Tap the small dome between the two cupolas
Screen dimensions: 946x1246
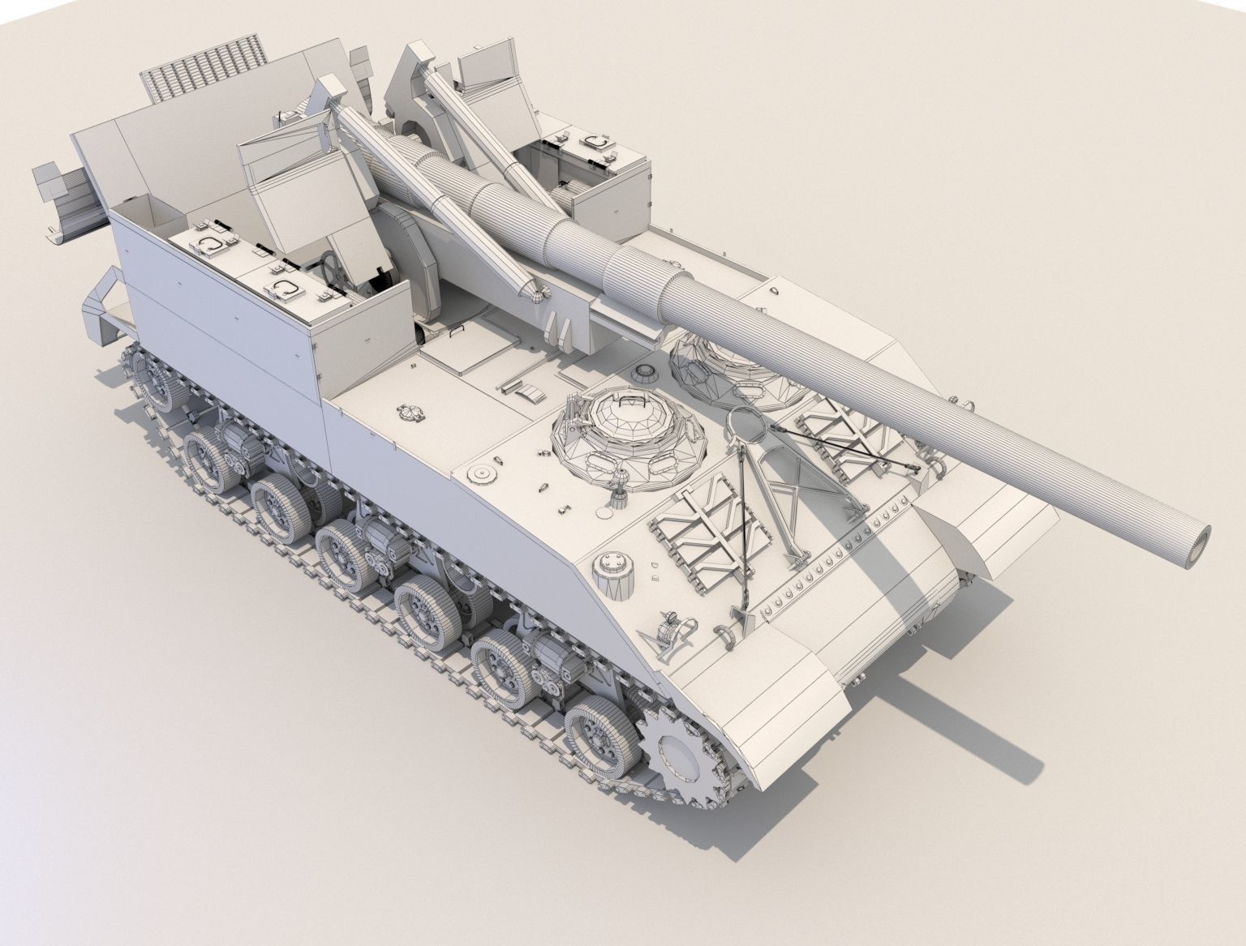[x=645, y=374]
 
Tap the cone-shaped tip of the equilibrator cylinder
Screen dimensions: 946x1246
[x=539, y=292]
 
